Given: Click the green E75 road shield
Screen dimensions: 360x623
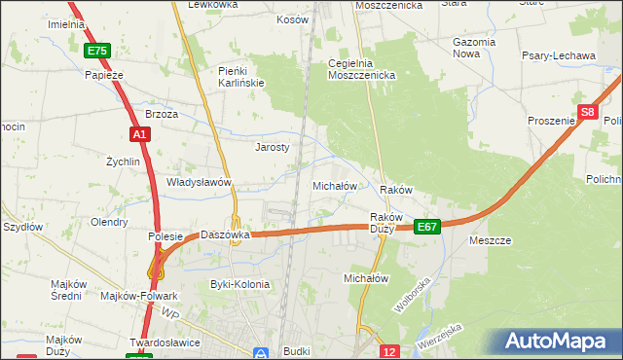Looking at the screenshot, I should pyautogui.click(x=96, y=51).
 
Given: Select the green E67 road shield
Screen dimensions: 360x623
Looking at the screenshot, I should pyautogui.click(x=427, y=227).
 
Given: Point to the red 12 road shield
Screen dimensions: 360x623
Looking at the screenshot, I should pyautogui.click(x=389, y=351).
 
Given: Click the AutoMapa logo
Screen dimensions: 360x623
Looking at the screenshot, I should pyautogui.click(x=560, y=342).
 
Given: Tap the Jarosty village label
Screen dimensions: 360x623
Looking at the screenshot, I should pyautogui.click(x=273, y=148).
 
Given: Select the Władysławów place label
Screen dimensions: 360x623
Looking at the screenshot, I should pyautogui.click(x=199, y=182).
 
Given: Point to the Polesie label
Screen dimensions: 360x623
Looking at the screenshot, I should pyautogui.click(x=165, y=236).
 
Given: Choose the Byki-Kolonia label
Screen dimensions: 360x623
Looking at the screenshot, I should pyautogui.click(x=239, y=284).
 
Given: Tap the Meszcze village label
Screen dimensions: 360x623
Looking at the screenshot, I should pyautogui.click(x=490, y=239).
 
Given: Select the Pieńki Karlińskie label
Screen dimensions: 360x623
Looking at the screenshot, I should pyautogui.click(x=241, y=77).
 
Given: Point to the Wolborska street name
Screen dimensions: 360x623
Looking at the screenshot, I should pyautogui.click(x=412, y=294).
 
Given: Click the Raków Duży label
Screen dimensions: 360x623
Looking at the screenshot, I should pyautogui.click(x=382, y=223).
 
